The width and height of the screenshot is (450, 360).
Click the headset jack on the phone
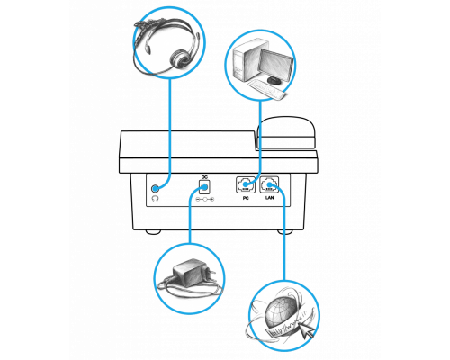(155, 188)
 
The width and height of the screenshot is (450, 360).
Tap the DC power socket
(204, 187)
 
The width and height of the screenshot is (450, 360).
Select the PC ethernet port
(246, 184)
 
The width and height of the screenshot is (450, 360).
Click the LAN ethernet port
(269, 184)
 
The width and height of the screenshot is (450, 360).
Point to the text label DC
(204, 177)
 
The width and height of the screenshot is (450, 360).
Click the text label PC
(246, 198)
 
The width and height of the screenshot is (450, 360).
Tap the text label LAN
(270, 198)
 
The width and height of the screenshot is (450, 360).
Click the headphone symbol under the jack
(155, 198)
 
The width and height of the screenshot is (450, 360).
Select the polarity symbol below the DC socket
(205, 200)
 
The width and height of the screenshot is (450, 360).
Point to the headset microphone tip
(148, 49)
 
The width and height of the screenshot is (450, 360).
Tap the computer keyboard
(266, 89)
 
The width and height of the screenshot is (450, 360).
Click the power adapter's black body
(187, 274)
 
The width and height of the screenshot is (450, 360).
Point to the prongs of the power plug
(211, 274)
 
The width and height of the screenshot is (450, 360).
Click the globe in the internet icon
(277, 312)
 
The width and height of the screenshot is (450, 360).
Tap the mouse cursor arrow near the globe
(307, 331)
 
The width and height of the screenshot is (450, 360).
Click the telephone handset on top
(286, 133)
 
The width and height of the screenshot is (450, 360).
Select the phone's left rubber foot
(153, 232)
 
